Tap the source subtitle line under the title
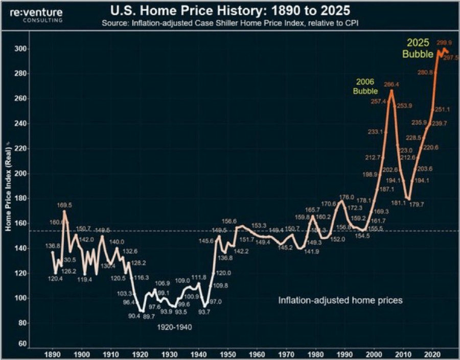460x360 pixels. [230, 22]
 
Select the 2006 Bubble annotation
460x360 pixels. [365, 86]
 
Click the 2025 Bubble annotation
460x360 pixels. [418, 49]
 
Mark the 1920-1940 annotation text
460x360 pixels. [174, 327]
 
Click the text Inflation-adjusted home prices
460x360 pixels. [340, 300]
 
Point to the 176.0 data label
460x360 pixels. [346, 197]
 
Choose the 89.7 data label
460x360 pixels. [149, 317]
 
